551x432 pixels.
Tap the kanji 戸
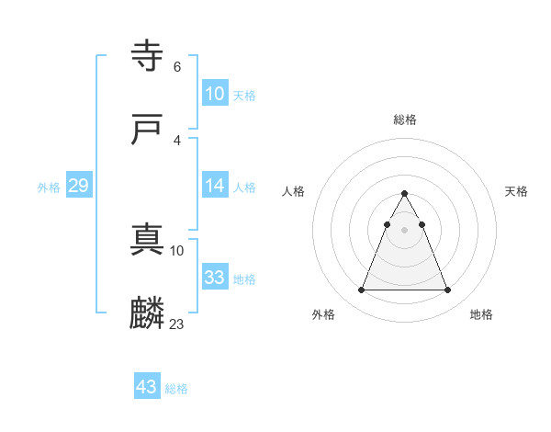[x=148, y=130]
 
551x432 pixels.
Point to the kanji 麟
[x=148, y=313]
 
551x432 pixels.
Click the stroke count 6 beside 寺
[x=176, y=67]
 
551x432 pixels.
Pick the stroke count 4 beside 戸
[x=176, y=141]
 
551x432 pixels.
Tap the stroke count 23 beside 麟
[x=177, y=324]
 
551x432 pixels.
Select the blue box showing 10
[x=214, y=94]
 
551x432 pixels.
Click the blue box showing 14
[x=214, y=186]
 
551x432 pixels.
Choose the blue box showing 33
[x=214, y=278]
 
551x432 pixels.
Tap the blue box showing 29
[x=78, y=186]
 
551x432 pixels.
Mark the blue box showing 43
[x=146, y=387]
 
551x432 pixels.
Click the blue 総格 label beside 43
[x=176, y=389]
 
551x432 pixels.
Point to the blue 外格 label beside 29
[x=49, y=188]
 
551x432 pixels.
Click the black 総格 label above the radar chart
[x=405, y=119]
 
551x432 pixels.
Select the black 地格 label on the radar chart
[x=481, y=314]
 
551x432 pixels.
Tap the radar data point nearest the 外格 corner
[x=361, y=290]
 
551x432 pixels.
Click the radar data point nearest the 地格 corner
[x=448, y=290]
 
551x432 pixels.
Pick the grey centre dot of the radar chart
[x=405, y=230]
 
